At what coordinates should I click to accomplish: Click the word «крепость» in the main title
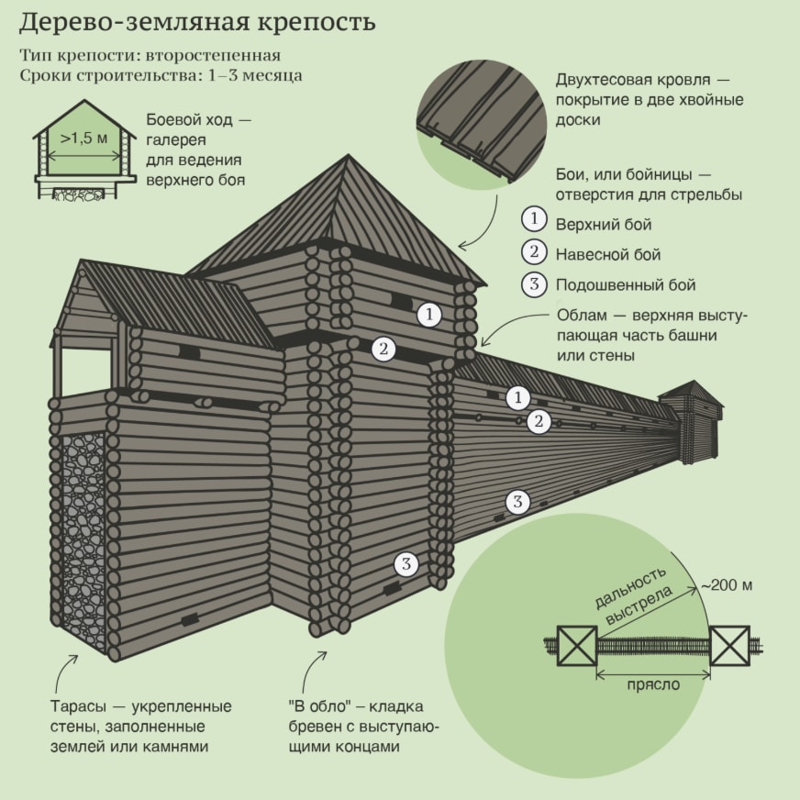pos(317,23)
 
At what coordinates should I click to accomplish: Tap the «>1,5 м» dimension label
pos(84,139)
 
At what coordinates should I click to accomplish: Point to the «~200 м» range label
pos(727,584)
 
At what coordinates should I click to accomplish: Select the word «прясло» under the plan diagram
pos(653,684)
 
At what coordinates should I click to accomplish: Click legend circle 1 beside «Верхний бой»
pos(534,219)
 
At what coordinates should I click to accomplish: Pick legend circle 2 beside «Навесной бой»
pos(534,252)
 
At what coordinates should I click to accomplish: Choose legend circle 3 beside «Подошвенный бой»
pos(534,284)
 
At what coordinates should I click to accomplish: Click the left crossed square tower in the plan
pos(577,645)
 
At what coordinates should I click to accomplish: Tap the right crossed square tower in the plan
pos(730,645)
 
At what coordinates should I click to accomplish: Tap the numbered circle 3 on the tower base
pos(406,564)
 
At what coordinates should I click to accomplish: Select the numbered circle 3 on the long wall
pos(517,502)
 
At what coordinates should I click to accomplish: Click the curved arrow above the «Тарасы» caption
pos(63,674)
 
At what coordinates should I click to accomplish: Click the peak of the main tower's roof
pos(349,155)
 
